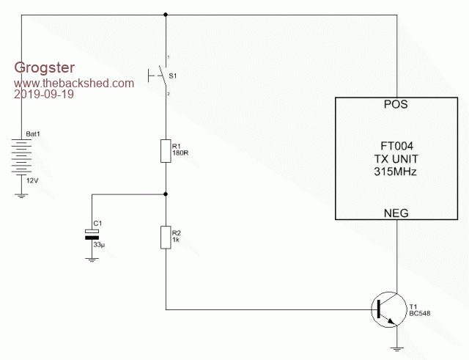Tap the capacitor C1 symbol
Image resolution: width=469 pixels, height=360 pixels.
pos(92,235)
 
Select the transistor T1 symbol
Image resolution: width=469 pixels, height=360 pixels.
pos(385,308)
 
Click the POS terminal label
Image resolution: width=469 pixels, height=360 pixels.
pos(396,105)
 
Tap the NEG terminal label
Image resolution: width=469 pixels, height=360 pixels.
pos(396,213)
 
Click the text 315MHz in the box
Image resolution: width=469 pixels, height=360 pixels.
pos(396,172)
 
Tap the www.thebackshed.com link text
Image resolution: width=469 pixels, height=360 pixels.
pos(74,83)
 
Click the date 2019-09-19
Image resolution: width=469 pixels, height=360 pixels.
pos(43,95)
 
